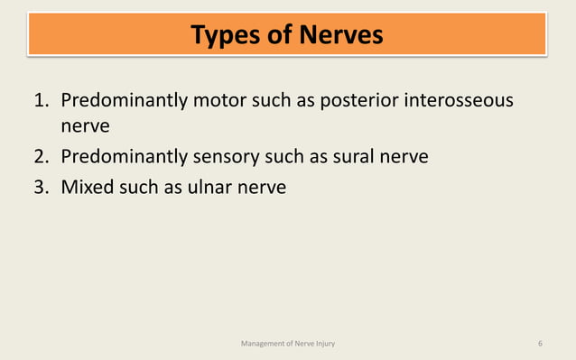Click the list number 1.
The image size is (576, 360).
tap(41, 99)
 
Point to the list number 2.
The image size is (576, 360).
tap(41, 157)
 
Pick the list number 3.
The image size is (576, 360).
tap(41, 188)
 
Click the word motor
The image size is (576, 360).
tap(222, 99)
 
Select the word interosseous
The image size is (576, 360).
tap(461, 99)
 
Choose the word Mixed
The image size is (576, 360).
tap(87, 188)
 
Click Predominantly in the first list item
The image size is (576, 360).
tap(124, 99)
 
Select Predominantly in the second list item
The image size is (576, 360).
tap(124, 157)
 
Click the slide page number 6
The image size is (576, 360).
tap(540, 344)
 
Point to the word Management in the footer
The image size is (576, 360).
tap(262, 344)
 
